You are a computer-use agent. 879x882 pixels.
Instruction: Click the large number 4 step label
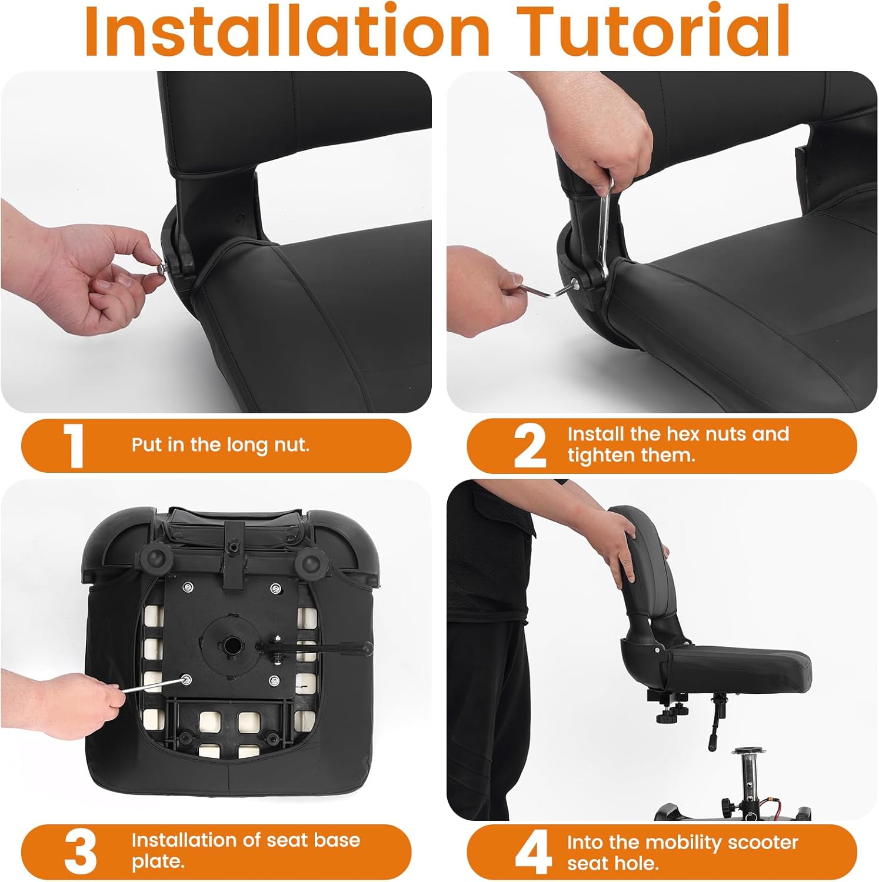click(x=532, y=853)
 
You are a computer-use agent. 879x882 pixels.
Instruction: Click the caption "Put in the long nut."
click(x=220, y=445)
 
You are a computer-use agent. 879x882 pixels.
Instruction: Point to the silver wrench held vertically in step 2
click(x=604, y=229)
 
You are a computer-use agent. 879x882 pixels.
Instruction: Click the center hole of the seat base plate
click(x=234, y=643)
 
